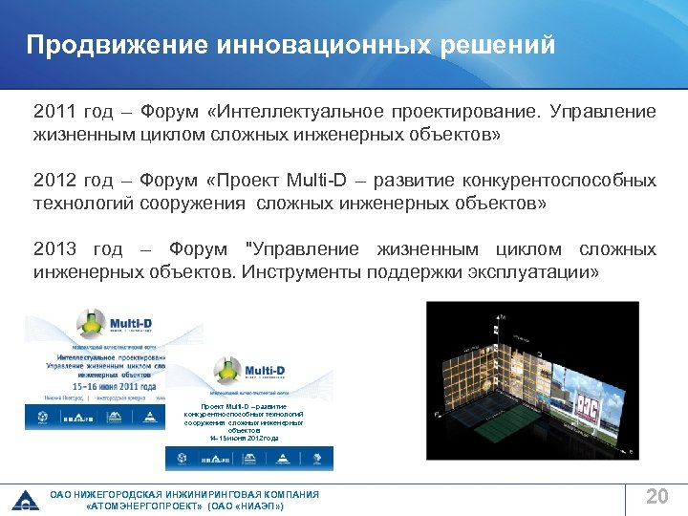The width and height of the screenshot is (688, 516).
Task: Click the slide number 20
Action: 656,496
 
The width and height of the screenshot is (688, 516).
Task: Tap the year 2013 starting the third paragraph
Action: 53,249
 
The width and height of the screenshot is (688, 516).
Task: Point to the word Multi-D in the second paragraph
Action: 315,181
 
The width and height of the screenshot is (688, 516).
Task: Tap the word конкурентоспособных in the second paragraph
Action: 554,181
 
